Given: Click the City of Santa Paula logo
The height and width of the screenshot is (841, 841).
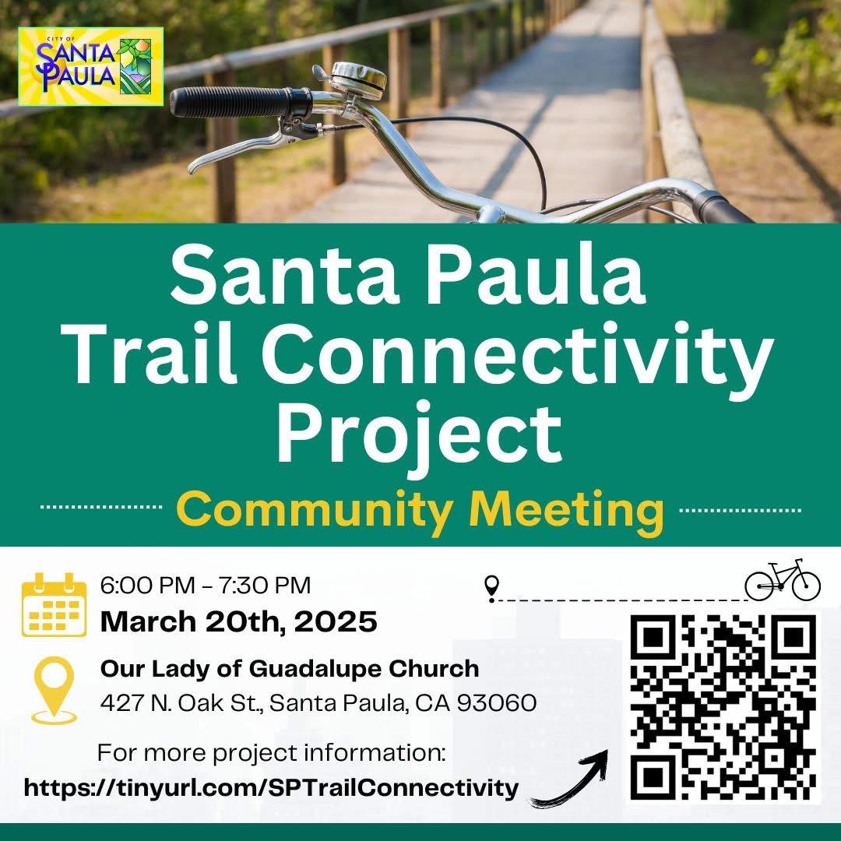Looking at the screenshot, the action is [90, 66].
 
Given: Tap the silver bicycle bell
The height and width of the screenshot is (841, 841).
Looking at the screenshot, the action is [357, 79].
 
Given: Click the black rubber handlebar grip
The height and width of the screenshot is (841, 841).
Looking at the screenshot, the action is [241, 102].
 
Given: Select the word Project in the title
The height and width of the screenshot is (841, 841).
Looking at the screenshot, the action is [420, 435].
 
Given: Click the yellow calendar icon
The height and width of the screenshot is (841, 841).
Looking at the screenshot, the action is [55, 604].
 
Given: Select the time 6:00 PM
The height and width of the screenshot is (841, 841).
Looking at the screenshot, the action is [147, 585].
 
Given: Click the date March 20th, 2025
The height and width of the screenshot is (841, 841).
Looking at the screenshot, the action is [239, 621].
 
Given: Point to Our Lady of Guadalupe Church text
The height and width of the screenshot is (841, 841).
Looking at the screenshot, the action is [290, 669].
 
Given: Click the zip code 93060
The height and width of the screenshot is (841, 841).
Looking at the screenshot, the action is [497, 703].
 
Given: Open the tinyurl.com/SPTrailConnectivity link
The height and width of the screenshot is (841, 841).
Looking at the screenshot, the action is [272, 788].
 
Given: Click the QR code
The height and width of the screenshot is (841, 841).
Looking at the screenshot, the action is [723, 708].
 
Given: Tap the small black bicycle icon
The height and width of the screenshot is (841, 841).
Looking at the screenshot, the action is [783, 580].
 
